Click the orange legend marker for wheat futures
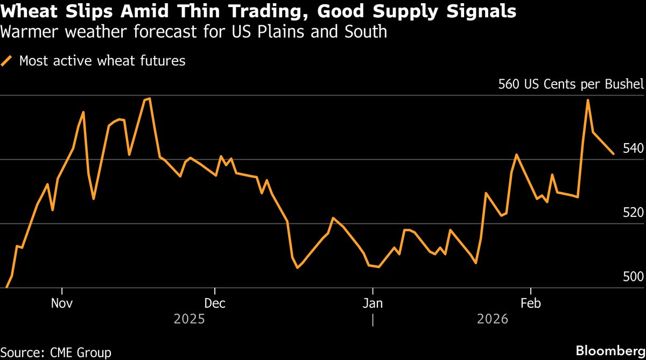(7, 61)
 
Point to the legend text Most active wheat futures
(102, 61)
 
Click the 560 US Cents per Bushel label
(571, 84)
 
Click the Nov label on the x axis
(62, 303)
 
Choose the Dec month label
(214, 303)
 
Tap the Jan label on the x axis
(372, 303)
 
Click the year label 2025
(189, 320)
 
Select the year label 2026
(492, 320)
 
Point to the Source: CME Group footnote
(56, 352)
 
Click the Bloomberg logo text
(610, 351)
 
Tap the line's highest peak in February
(587, 100)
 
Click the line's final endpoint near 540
(613, 154)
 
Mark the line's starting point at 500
(6, 287)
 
